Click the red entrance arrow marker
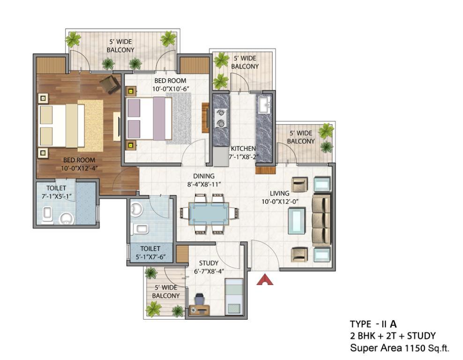click(x=265, y=280)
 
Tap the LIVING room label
click(x=279, y=194)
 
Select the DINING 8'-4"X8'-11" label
click(x=204, y=180)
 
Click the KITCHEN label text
click(x=243, y=149)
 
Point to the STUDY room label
click(x=209, y=263)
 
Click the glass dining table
click(x=209, y=214)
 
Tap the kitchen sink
click(x=264, y=105)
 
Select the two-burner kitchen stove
click(x=221, y=118)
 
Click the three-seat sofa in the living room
click(x=321, y=220)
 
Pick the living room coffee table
click(x=298, y=221)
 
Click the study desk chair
click(x=199, y=299)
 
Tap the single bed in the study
click(x=234, y=297)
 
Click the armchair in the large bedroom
click(x=110, y=84)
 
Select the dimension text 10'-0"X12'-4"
click(x=79, y=169)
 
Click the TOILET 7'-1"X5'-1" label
click(x=56, y=192)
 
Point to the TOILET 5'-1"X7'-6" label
click(x=150, y=253)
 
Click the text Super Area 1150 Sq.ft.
click(x=400, y=348)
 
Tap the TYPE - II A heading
click(x=373, y=324)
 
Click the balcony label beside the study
click(x=165, y=292)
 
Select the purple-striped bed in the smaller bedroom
click(x=149, y=119)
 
